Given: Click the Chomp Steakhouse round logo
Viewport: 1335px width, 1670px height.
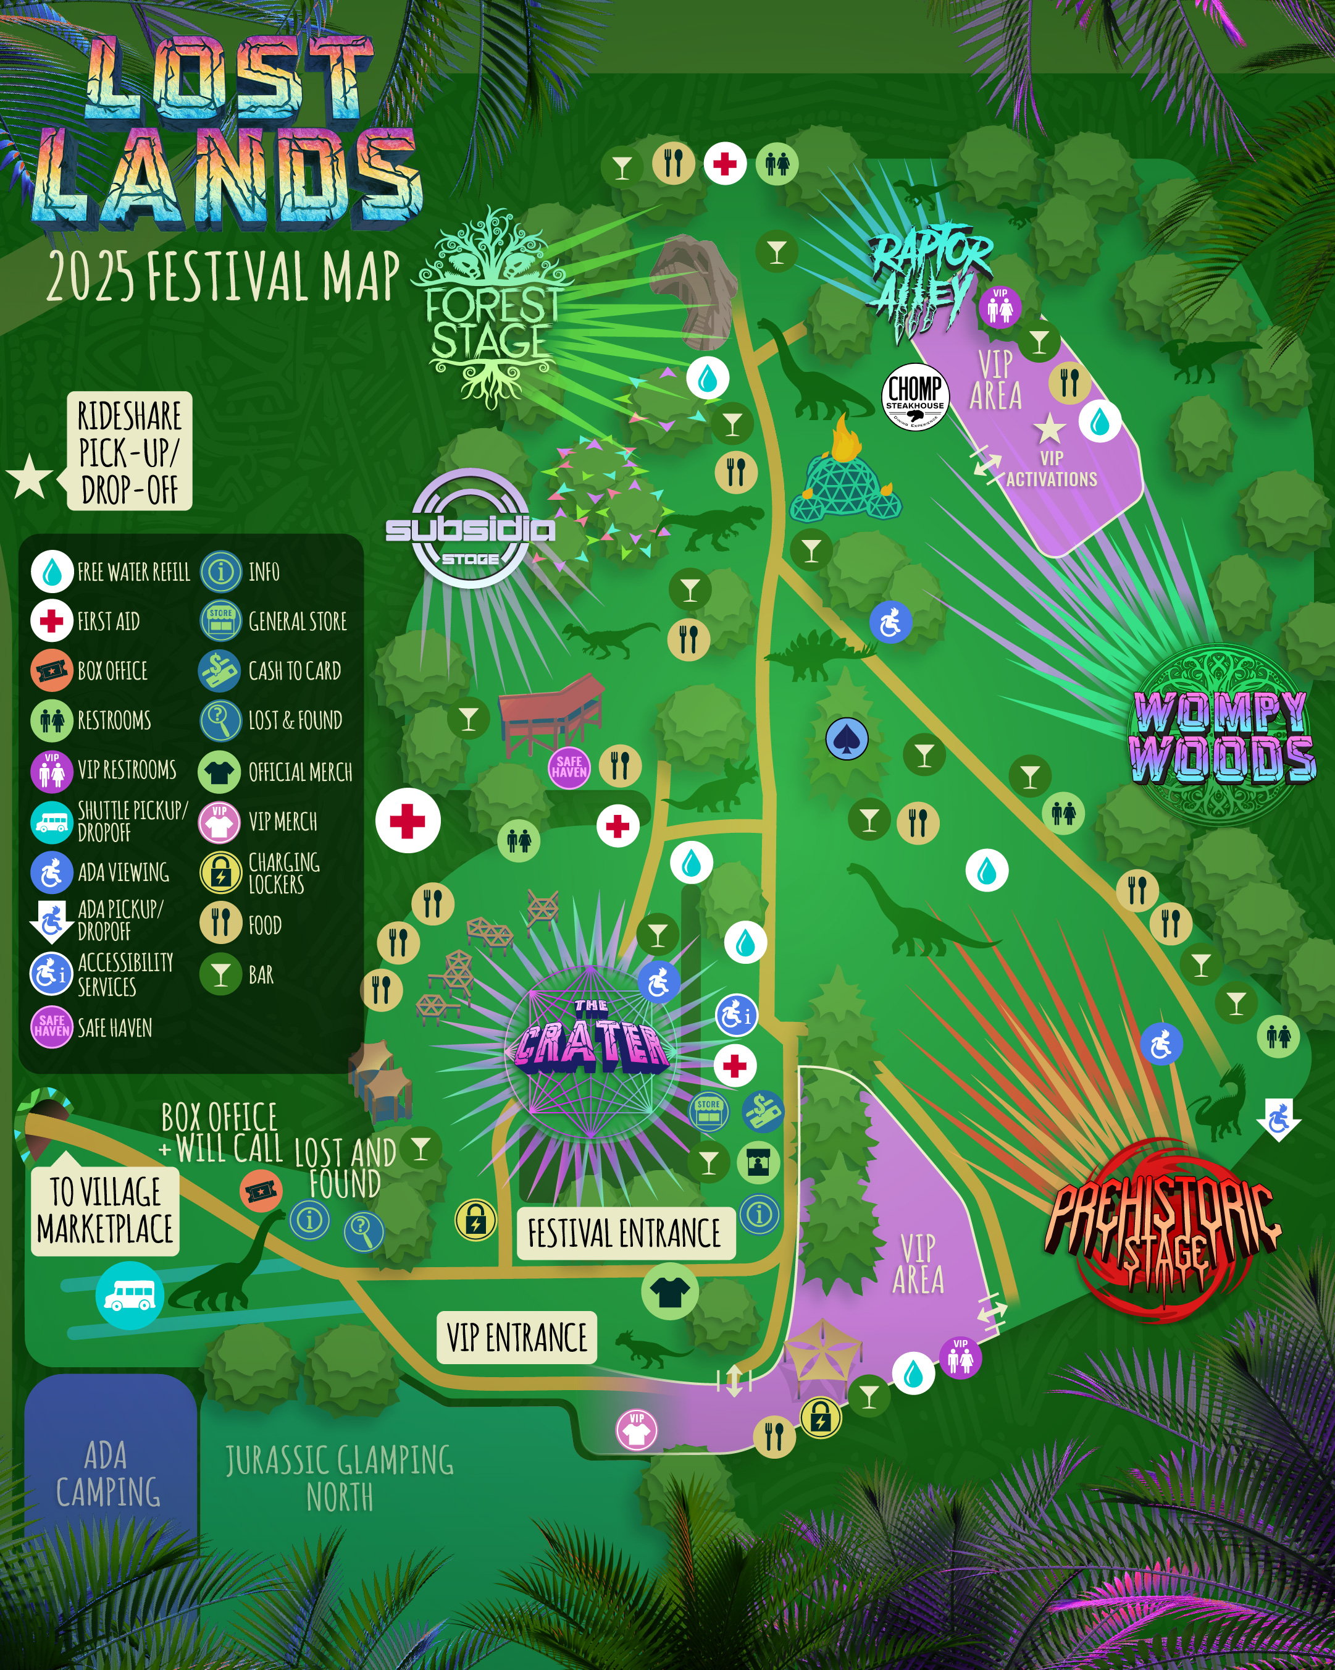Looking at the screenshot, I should (x=914, y=396).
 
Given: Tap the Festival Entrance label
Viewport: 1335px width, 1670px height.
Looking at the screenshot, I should (x=625, y=1233).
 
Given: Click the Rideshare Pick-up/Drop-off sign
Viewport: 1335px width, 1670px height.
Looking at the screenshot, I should (x=129, y=451).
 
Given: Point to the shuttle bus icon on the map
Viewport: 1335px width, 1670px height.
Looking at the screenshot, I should (x=129, y=1295).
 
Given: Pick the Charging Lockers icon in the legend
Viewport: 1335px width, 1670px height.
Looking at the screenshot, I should (x=220, y=873).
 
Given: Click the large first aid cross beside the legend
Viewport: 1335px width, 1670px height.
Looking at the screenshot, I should (x=408, y=820).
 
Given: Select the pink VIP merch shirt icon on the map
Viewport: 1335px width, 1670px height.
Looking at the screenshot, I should (x=637, y=1430).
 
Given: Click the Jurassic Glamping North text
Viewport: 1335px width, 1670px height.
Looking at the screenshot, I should (x=339, y=1477).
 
